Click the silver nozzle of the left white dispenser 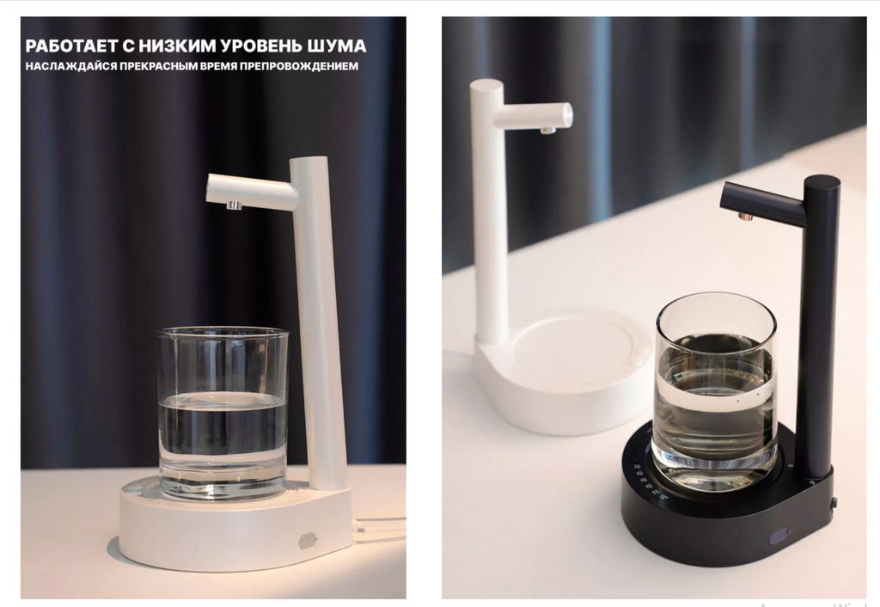point(232,206)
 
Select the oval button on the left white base point(307,540)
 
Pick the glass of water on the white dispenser point(223,413)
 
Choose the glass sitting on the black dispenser point(715,391)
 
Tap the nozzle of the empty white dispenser point(547,130)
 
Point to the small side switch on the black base point(833,502)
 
